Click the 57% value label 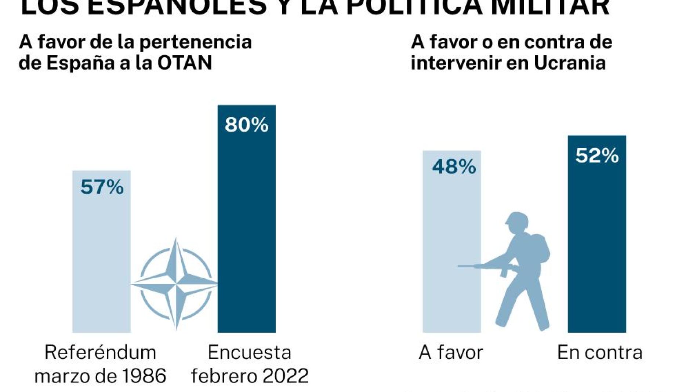102,187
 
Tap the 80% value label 246,125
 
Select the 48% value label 454,167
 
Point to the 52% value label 597,155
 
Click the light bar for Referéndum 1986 102,264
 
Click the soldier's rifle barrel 468,266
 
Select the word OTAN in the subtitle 185,63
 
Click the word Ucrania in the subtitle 569,63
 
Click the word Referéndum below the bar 100,352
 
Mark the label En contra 600,352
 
